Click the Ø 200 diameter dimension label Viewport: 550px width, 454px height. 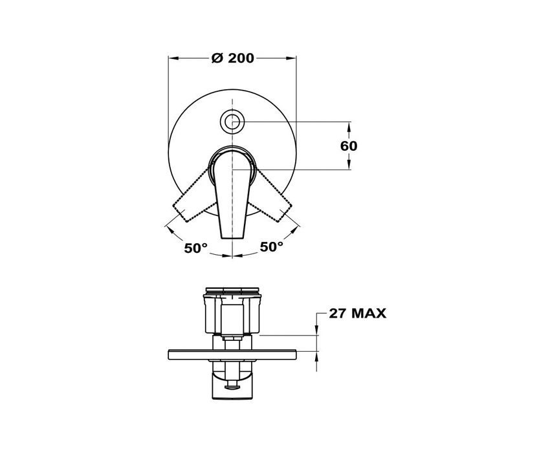pos(232,58)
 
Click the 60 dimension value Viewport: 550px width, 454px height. pos(349,146)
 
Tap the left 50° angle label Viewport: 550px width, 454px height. pos(195,248)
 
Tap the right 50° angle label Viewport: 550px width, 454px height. pos(272,246)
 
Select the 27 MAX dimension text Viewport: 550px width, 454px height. pos(357,313)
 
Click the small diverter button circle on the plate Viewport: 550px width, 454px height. pos(232,122)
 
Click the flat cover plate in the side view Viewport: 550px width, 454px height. pos(232,355)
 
